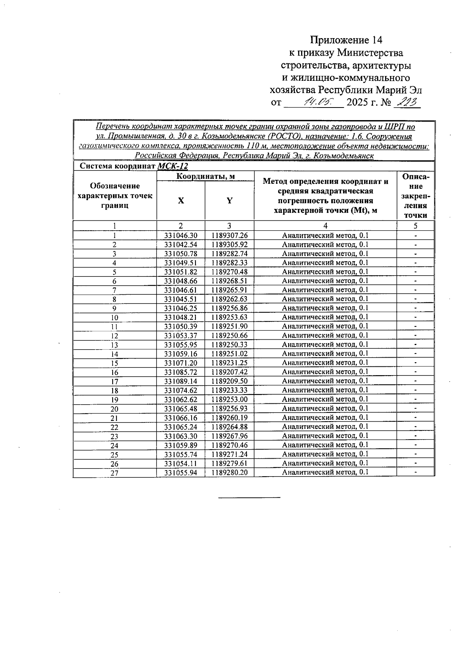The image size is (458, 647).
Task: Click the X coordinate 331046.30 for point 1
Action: point(181,236)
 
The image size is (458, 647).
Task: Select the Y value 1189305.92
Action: point(229,245)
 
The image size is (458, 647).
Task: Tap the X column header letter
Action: point(181,201)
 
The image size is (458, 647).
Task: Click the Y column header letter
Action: point(229,201)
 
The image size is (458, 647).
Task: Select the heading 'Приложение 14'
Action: point(346,40)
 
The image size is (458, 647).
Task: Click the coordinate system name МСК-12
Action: point(173,166)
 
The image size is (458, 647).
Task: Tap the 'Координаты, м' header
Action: point(205,176)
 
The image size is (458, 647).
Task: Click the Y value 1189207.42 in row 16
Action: point(229,372)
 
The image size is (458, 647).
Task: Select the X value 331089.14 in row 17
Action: point(181,381)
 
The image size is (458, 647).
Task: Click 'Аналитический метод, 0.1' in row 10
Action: point(325,317)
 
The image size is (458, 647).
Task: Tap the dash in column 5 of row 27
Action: point(415,472)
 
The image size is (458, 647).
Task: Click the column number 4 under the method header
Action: point(325,226)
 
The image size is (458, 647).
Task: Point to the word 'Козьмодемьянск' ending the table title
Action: point(342,156)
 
